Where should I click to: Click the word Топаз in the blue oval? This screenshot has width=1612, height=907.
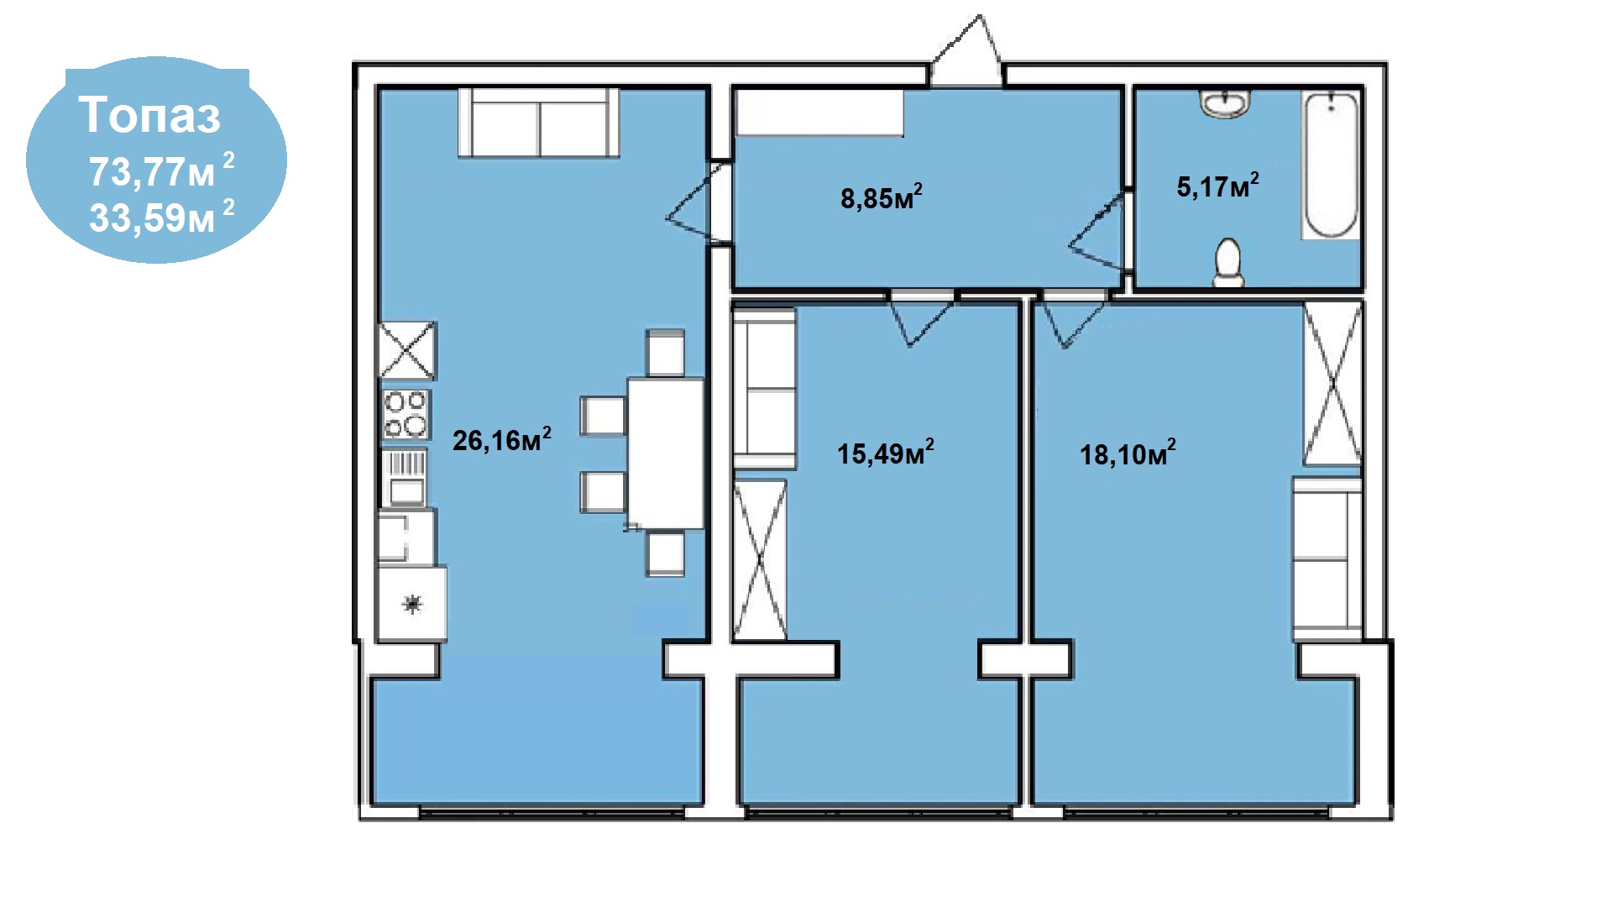pos(150,115)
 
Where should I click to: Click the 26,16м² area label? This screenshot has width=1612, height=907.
pos(502,438)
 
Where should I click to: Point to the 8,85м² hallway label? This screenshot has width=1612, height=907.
pos(882,197)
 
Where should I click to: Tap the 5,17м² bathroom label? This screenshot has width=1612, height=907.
pos(1217,185)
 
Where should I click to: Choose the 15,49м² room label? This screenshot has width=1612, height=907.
pos(886,452)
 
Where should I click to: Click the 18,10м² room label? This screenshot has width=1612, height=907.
pos(1128,453)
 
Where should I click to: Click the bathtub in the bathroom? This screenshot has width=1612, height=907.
pos(1331,165)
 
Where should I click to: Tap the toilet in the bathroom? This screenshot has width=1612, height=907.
pos(1228,262)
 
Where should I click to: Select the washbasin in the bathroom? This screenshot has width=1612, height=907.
pos(1225,104)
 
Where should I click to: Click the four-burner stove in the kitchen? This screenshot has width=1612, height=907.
pos(406,414)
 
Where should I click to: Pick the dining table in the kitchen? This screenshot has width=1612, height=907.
pos(666,453)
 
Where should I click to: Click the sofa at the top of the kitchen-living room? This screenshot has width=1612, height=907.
pos(539,123)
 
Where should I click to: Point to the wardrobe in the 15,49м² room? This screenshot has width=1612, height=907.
pos(761,559)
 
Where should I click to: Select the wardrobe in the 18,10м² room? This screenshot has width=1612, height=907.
pos(1332,384)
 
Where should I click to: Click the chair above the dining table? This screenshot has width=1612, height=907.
pos(665,353)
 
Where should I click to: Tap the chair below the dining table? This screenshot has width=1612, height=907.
pos(665,553)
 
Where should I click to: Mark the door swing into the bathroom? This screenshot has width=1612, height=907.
pos(1097,232)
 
